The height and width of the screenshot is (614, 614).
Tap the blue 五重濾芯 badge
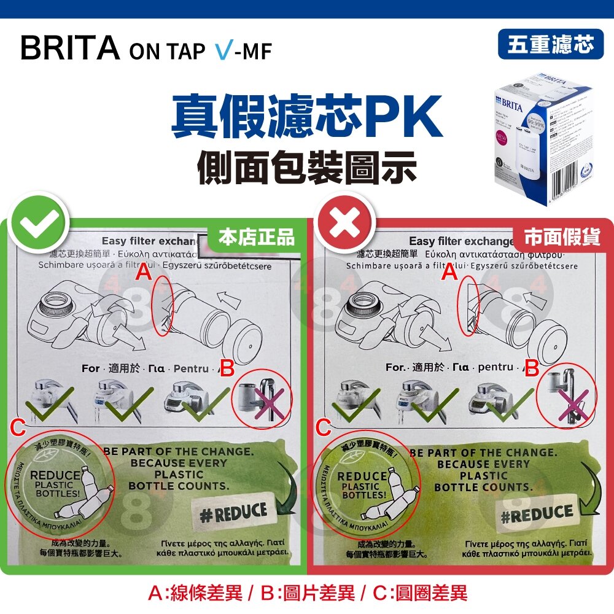point(551,44)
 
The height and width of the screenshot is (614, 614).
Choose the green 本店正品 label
point(257,237)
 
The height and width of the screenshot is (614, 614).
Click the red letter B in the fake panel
point(532,369)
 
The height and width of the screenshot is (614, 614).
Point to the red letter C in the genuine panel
point(18,426)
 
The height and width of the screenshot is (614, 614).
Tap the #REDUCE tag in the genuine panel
point(234,511)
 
